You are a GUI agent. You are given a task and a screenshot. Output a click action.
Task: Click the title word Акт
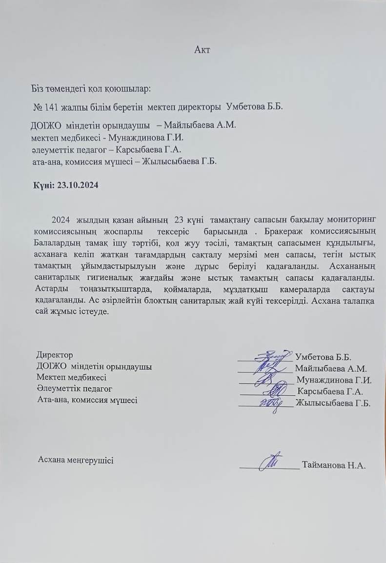(202, 50)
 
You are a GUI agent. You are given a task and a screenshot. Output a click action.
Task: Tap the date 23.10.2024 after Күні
(78, 185)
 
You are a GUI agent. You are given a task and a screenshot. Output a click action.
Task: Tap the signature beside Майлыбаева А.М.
(268, 368)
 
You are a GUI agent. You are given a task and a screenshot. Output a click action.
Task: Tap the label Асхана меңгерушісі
(76, 460)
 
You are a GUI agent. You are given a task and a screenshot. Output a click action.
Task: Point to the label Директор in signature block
(55, 355)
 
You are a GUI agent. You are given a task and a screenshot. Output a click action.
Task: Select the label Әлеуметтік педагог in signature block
(74, 389)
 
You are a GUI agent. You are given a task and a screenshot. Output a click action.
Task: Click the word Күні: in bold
(44, 185)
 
